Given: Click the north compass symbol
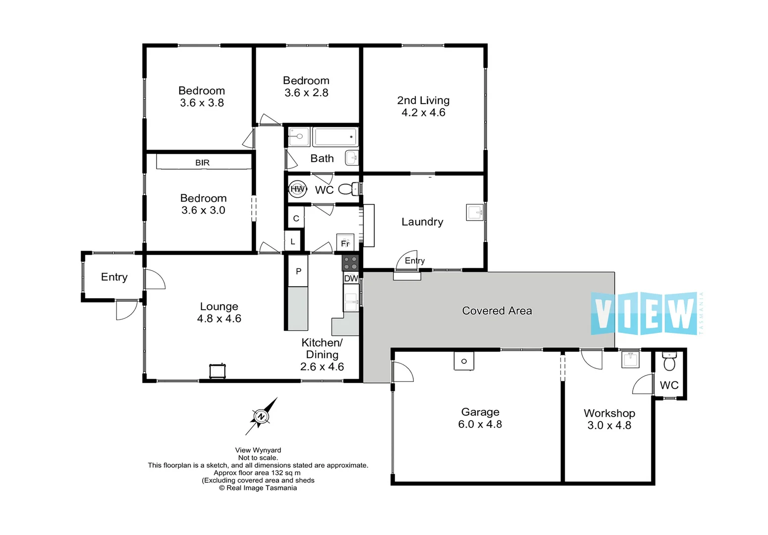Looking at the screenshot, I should (x=261, y=417).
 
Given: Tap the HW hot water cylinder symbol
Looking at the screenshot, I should (x=297, y=189).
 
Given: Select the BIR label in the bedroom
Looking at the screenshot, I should (x=202, y=162).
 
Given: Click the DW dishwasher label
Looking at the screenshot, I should (x=351, y=278).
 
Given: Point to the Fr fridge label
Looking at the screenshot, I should (x=345, y=243).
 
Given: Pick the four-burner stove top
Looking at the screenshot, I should (x=350, y=263).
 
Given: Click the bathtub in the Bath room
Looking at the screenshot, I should (x=335, y=137).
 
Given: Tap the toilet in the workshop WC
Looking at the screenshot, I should (x=669, y=363).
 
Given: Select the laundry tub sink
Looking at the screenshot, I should (x=475, y=213).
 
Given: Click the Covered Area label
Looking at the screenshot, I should (x=497, y=311).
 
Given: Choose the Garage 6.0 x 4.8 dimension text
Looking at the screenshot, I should (x=480, y=425).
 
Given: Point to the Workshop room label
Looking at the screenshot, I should (x=609, y=413).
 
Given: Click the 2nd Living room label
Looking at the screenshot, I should (x=423, y=101).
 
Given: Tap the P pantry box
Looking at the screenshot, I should (x=298, y=271).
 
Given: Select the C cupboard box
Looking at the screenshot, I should (x=296, y=218).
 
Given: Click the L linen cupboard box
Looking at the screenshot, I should (x=293, y=242).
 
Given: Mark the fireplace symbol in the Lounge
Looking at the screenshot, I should (x=218, y=371).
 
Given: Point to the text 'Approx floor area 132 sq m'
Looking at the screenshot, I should (x=257, y=473).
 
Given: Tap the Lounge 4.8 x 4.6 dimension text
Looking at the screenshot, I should (x=219, y=319).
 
